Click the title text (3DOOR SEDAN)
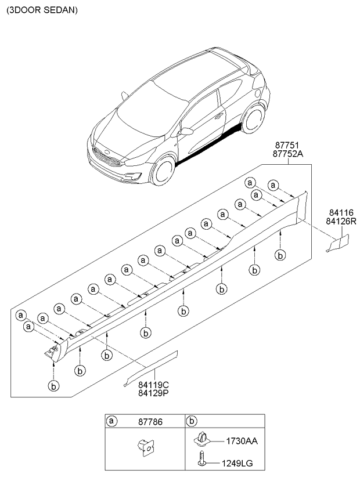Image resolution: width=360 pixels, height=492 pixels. click(41, 10)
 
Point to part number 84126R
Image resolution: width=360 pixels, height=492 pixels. click(340, 222)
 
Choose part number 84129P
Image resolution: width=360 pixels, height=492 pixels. click(153, 393)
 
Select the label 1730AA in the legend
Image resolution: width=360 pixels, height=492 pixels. click(242, 442)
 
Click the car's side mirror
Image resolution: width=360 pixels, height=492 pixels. click(186, 132)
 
